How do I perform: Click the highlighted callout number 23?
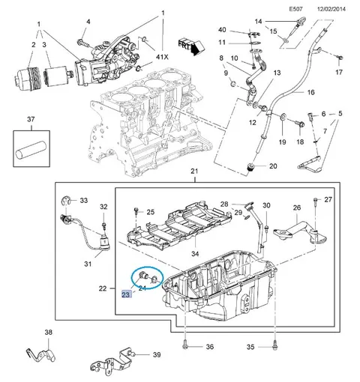(x=126, y=294)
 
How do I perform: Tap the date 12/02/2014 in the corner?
(x=331, y=9)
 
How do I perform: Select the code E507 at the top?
(x=296, y=9)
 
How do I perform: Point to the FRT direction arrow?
(x=191, y=46)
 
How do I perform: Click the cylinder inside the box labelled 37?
(x=31, y=149)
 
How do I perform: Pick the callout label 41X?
(x=162, y=57)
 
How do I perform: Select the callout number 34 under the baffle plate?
(x=195, y=254)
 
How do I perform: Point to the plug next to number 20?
(x=250, y=167)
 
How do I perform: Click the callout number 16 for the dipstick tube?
(x=310, y=92)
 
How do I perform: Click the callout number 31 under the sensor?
(x=88, y=264)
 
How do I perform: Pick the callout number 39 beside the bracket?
(x=157, y=354)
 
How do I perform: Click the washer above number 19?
(x=283, y=117)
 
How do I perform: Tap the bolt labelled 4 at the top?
(x=84, y=43)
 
